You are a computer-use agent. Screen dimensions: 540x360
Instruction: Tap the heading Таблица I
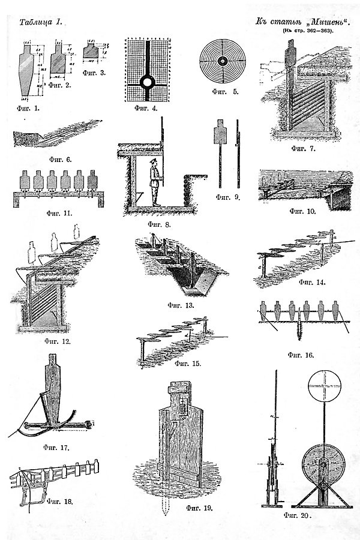[x=41, y=22]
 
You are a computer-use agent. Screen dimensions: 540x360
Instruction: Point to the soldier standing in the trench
[x=155, y=183]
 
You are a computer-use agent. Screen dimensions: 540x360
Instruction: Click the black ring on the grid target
[x=148, y=81]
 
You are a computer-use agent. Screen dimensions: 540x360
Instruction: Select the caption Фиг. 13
[x=181, y=305]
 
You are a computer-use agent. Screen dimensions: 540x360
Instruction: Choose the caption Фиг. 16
[x=301, y=354]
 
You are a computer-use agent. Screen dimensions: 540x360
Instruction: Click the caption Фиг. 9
[x=228, y=196]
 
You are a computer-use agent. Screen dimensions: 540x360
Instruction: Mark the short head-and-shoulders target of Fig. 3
[x=91, y=50]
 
